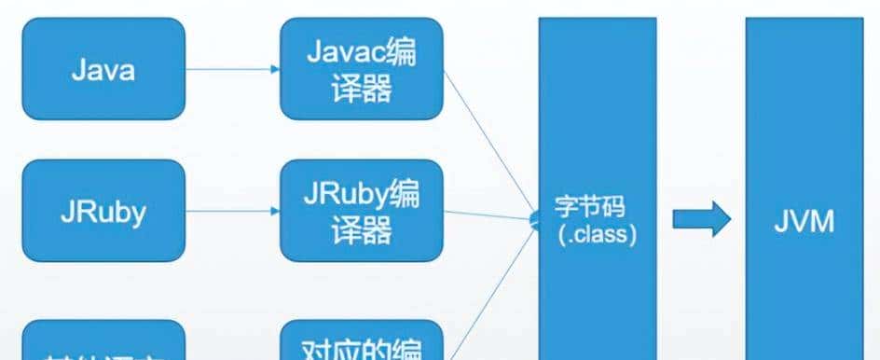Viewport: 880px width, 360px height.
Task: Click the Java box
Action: click(103, 69)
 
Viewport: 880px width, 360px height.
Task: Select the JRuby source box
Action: click(103, 211)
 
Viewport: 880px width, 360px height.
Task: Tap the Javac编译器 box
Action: click(361, 69)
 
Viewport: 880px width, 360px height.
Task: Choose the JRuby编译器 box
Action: click(361, 211)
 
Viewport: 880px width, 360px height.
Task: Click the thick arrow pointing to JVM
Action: click(701, 221)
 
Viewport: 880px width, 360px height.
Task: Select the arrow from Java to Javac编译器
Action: click(232, 69)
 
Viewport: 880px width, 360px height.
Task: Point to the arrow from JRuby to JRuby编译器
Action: click(232, 211)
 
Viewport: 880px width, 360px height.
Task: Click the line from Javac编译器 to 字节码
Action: click(489, 140)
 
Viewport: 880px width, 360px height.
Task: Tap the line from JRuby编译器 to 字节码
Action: click(489, 216)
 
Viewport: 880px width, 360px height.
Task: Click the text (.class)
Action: click(598, 235)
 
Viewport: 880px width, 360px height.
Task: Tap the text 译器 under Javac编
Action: click(361, 90)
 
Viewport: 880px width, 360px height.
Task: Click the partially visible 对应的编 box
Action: click(361, 341)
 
